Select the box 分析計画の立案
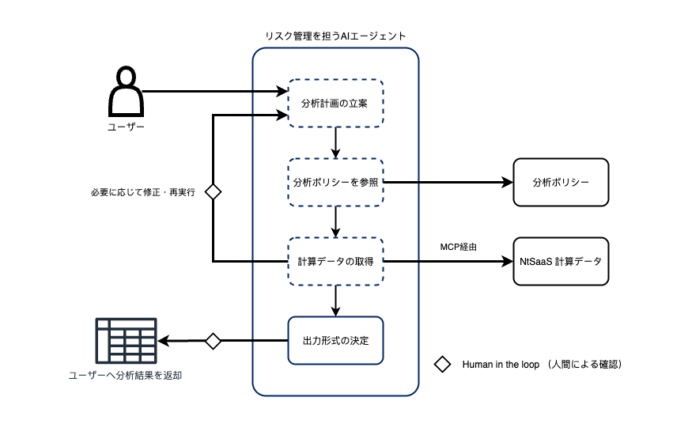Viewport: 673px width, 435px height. point(335,103)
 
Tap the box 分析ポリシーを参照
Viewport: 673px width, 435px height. point(335,182)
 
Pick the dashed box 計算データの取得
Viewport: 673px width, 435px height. point(335,261)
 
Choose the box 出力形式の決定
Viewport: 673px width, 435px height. point(335,340)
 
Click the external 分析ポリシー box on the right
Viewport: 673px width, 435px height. point(561,182)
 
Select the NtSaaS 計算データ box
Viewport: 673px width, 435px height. point(561,261)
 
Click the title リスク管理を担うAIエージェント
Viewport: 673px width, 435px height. point(335,36)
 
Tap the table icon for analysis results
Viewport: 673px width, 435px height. point(126,340)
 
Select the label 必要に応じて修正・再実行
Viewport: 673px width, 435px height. point(143,192)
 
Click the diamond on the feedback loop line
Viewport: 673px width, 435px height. point(213,191)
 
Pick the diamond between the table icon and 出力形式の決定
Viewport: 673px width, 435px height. point(213,341)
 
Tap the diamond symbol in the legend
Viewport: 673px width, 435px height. point(443,365)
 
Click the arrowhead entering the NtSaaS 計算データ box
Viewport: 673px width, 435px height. point(507,261)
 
